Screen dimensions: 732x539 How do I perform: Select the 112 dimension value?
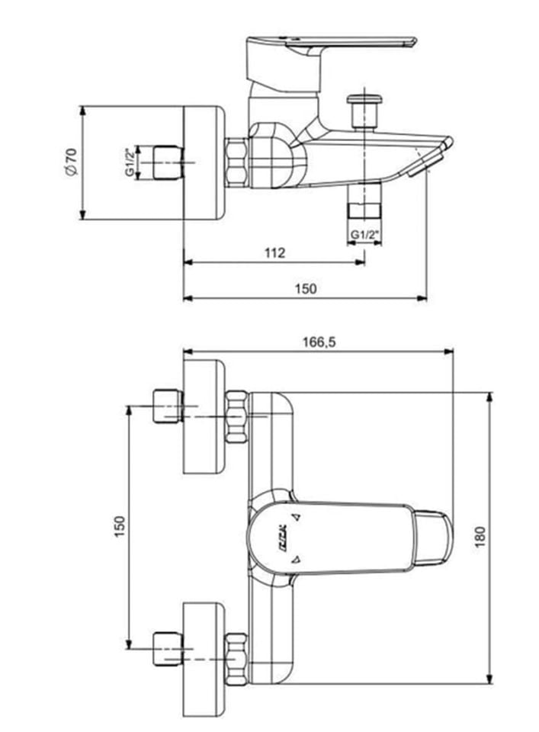coord(275,252)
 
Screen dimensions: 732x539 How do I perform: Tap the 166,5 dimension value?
coord(320,342)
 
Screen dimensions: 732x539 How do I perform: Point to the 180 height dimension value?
coord(502,538)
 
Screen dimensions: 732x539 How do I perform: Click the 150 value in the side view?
coord(305,288)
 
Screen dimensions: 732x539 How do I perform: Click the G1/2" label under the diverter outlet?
coord(364,235)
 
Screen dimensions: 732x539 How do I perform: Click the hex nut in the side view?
coord(237,161)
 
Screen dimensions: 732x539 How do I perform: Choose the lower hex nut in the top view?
coord(237,657)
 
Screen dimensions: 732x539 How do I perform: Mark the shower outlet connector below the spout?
coord(364,210)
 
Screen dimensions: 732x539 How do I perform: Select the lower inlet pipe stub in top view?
coord(167,647)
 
